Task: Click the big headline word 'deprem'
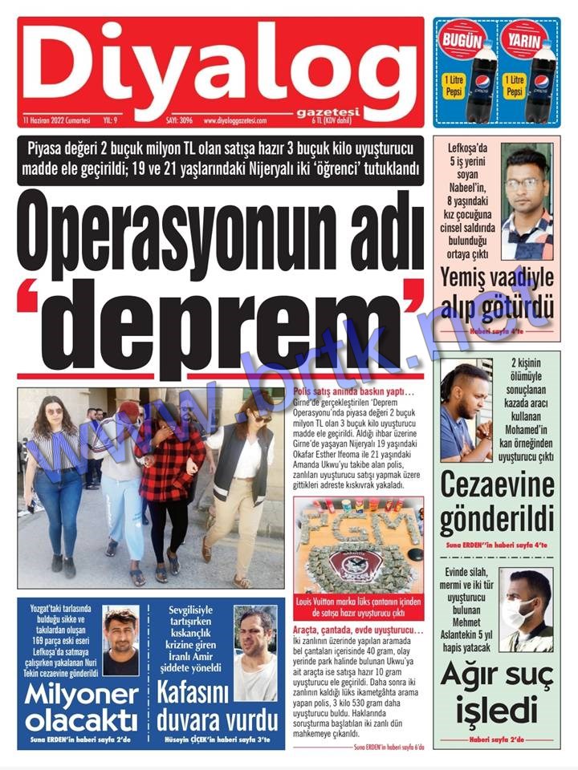223,325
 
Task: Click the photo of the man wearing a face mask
526,610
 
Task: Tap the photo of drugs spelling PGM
357,545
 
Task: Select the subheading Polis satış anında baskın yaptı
354,391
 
